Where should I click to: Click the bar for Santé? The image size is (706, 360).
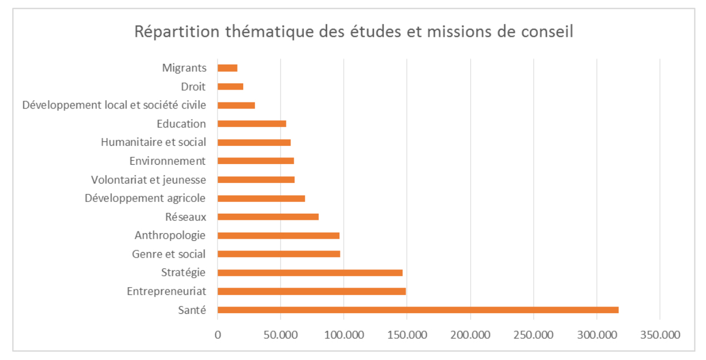417,310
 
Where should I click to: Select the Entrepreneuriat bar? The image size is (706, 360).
312,291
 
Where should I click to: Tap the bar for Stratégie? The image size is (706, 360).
310,273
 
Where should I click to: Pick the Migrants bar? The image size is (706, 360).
228,68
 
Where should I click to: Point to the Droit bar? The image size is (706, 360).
230,87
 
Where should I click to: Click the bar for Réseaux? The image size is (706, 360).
268,216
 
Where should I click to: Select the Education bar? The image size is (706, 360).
251,124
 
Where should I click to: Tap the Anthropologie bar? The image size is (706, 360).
278,235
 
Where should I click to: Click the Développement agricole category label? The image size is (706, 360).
145,198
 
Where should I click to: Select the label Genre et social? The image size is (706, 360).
169,254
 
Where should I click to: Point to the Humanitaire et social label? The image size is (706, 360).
153,142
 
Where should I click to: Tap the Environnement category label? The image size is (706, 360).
167,161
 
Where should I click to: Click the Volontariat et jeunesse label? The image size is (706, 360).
148,180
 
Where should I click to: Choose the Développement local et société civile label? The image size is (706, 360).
114,105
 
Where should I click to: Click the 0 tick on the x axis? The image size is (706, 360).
218,336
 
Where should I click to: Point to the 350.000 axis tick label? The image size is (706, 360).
660,336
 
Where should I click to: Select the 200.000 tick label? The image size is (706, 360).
470,336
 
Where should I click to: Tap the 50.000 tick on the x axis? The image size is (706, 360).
280,336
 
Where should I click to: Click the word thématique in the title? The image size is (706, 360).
260,32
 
